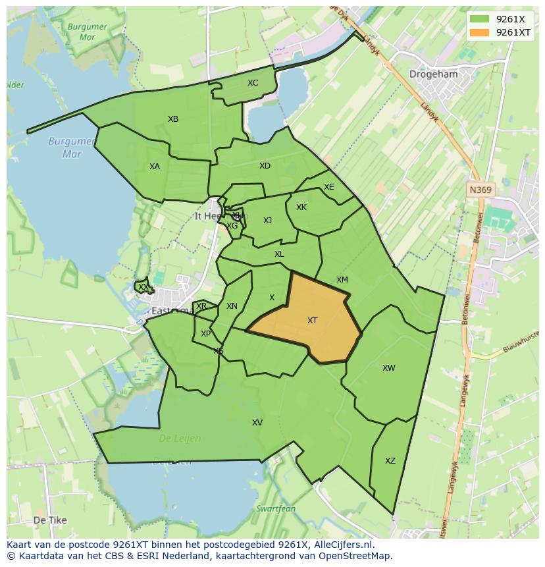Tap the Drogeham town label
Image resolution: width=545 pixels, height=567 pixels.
pos(433,74)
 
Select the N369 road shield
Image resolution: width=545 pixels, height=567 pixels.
pos(480,190)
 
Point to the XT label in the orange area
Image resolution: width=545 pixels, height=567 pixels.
pos(312,321)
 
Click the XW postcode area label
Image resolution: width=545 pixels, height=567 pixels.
pos(389,368)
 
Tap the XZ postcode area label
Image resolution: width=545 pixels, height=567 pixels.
pos(390,461)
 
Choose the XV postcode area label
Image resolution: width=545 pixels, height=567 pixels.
pos(257,423)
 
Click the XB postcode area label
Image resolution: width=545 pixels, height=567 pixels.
pos(173,119)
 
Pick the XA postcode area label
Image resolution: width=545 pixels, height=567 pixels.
pos(155,167)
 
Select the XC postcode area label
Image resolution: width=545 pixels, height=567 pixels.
pos(253,83)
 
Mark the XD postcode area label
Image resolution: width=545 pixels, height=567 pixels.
pos(265,166)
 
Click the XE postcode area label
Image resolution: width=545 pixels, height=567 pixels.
pos(329,187)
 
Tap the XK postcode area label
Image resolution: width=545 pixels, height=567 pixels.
pos(301,207)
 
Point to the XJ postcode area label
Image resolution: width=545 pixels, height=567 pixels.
pos(267,221)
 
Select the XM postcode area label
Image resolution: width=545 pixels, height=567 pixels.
pos(342,280)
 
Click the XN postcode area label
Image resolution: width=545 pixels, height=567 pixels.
pos(232,306)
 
